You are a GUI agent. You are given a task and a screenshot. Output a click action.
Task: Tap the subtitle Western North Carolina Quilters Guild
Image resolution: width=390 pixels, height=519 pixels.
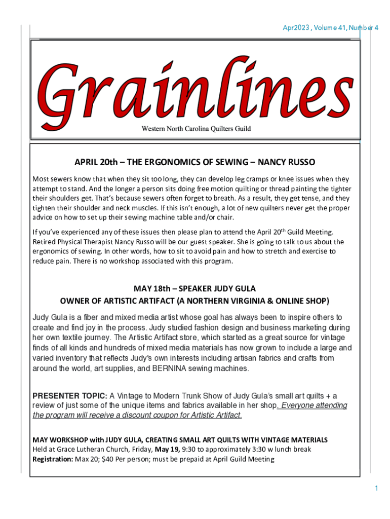(195, 129)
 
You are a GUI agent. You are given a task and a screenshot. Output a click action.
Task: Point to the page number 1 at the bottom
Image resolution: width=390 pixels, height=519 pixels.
(376, 488)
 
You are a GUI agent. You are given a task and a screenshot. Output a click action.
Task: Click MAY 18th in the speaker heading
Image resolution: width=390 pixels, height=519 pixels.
(149, 289)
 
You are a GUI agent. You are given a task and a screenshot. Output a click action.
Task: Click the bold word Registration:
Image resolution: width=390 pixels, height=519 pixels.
(53, 459)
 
